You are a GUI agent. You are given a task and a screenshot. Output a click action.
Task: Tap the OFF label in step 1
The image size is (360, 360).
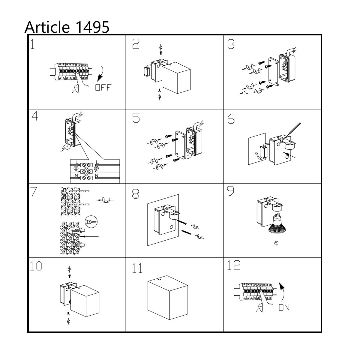[103, 87]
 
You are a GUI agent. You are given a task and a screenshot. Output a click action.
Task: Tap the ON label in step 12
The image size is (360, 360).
[284, 308]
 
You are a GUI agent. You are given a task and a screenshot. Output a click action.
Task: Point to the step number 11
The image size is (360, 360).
[137, 268]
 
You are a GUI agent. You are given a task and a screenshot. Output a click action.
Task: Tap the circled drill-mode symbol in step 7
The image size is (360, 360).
[91, 222]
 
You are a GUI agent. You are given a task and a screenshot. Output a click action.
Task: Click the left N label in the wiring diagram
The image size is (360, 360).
[76, 175]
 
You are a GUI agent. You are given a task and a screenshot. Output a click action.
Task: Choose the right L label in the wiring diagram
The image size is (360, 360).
[97, 162]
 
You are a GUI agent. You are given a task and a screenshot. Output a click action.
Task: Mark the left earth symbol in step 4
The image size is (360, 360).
[76, 168]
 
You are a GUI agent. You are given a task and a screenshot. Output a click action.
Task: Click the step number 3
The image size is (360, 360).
[231, 44]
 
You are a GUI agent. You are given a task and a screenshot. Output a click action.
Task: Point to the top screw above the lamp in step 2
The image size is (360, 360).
[160, 53]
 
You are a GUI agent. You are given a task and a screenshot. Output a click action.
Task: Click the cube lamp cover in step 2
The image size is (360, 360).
[176, 78]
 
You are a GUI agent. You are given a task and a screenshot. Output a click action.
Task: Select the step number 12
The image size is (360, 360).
[234, 265]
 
